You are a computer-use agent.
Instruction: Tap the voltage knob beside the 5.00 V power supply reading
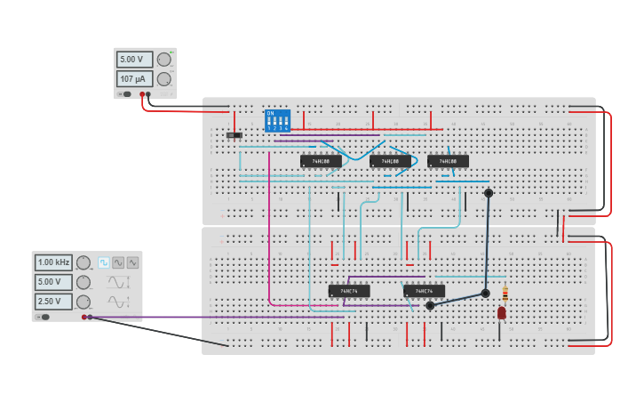click(163, 60)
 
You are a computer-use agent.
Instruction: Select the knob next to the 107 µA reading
click(163, 79)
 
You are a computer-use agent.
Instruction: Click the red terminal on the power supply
click(141, 93)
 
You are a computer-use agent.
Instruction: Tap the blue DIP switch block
click(277, 120)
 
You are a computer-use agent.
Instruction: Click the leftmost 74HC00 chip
click(321, 161)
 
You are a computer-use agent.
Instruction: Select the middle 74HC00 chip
click(390, 161)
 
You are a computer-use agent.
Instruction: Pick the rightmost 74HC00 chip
click(448, 161)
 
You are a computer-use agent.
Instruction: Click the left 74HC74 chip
click(348, 291)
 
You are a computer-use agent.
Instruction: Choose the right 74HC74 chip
click(424, 291)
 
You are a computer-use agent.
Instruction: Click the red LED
click(502, 312)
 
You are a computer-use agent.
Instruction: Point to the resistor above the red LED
click(505, 294)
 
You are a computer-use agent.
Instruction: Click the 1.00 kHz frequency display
click(53, 262)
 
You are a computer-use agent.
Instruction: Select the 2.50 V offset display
click(53, 302)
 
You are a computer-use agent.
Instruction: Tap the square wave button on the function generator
click(104, 262)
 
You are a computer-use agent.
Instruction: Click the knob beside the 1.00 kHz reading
click(83, 262)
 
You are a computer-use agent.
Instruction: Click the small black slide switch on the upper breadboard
click(234, 135)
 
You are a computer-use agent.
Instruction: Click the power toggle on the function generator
click(43, 317)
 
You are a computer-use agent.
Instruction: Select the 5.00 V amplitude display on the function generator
click(53, 282)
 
